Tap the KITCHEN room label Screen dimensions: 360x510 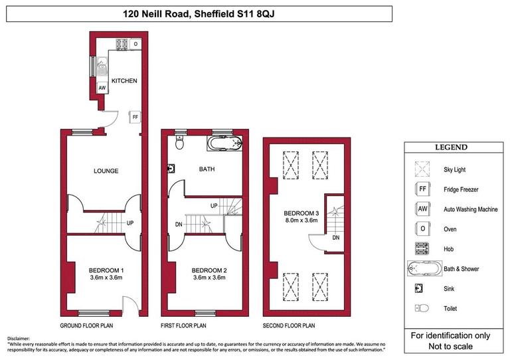point(124,81)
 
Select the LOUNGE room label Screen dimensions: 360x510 point(106,171)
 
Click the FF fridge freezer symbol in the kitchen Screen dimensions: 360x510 point(135,118)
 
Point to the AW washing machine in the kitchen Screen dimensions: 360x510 point(102,88)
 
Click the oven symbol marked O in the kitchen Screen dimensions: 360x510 point(135,45)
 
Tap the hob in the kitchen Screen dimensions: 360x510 point(122,45)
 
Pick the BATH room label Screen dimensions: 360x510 point(207,169)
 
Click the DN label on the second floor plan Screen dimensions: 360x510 point(336,237)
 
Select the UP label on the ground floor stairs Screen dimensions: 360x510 point(130,223)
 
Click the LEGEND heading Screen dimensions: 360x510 point(451,147)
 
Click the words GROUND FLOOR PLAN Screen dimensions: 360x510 point(86,326)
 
